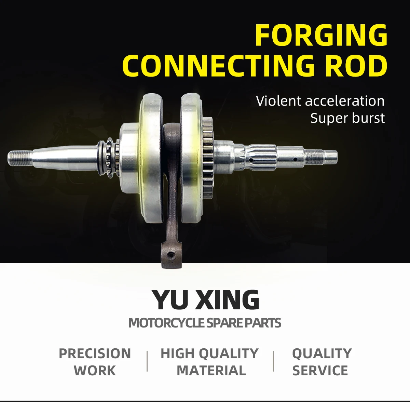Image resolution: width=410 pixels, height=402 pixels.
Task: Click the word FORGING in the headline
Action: click(x=321, y=35)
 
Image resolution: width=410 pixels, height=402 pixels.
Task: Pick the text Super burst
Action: click(x=347, y=118)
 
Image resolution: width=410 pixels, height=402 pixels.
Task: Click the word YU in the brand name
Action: click(x=170, y=300)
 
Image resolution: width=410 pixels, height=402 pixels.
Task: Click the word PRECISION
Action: click(x=95, y=354)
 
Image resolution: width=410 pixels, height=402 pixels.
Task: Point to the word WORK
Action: click(x=95, y=371)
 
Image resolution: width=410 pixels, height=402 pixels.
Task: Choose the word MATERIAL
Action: click(x=211, y=371)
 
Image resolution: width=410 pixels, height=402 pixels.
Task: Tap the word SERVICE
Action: click(x=320, y=371)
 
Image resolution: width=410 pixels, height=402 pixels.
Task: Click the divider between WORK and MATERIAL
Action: click(x=147, y=361)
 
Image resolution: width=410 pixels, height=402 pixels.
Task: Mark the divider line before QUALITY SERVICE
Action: click(x=274, y=361)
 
